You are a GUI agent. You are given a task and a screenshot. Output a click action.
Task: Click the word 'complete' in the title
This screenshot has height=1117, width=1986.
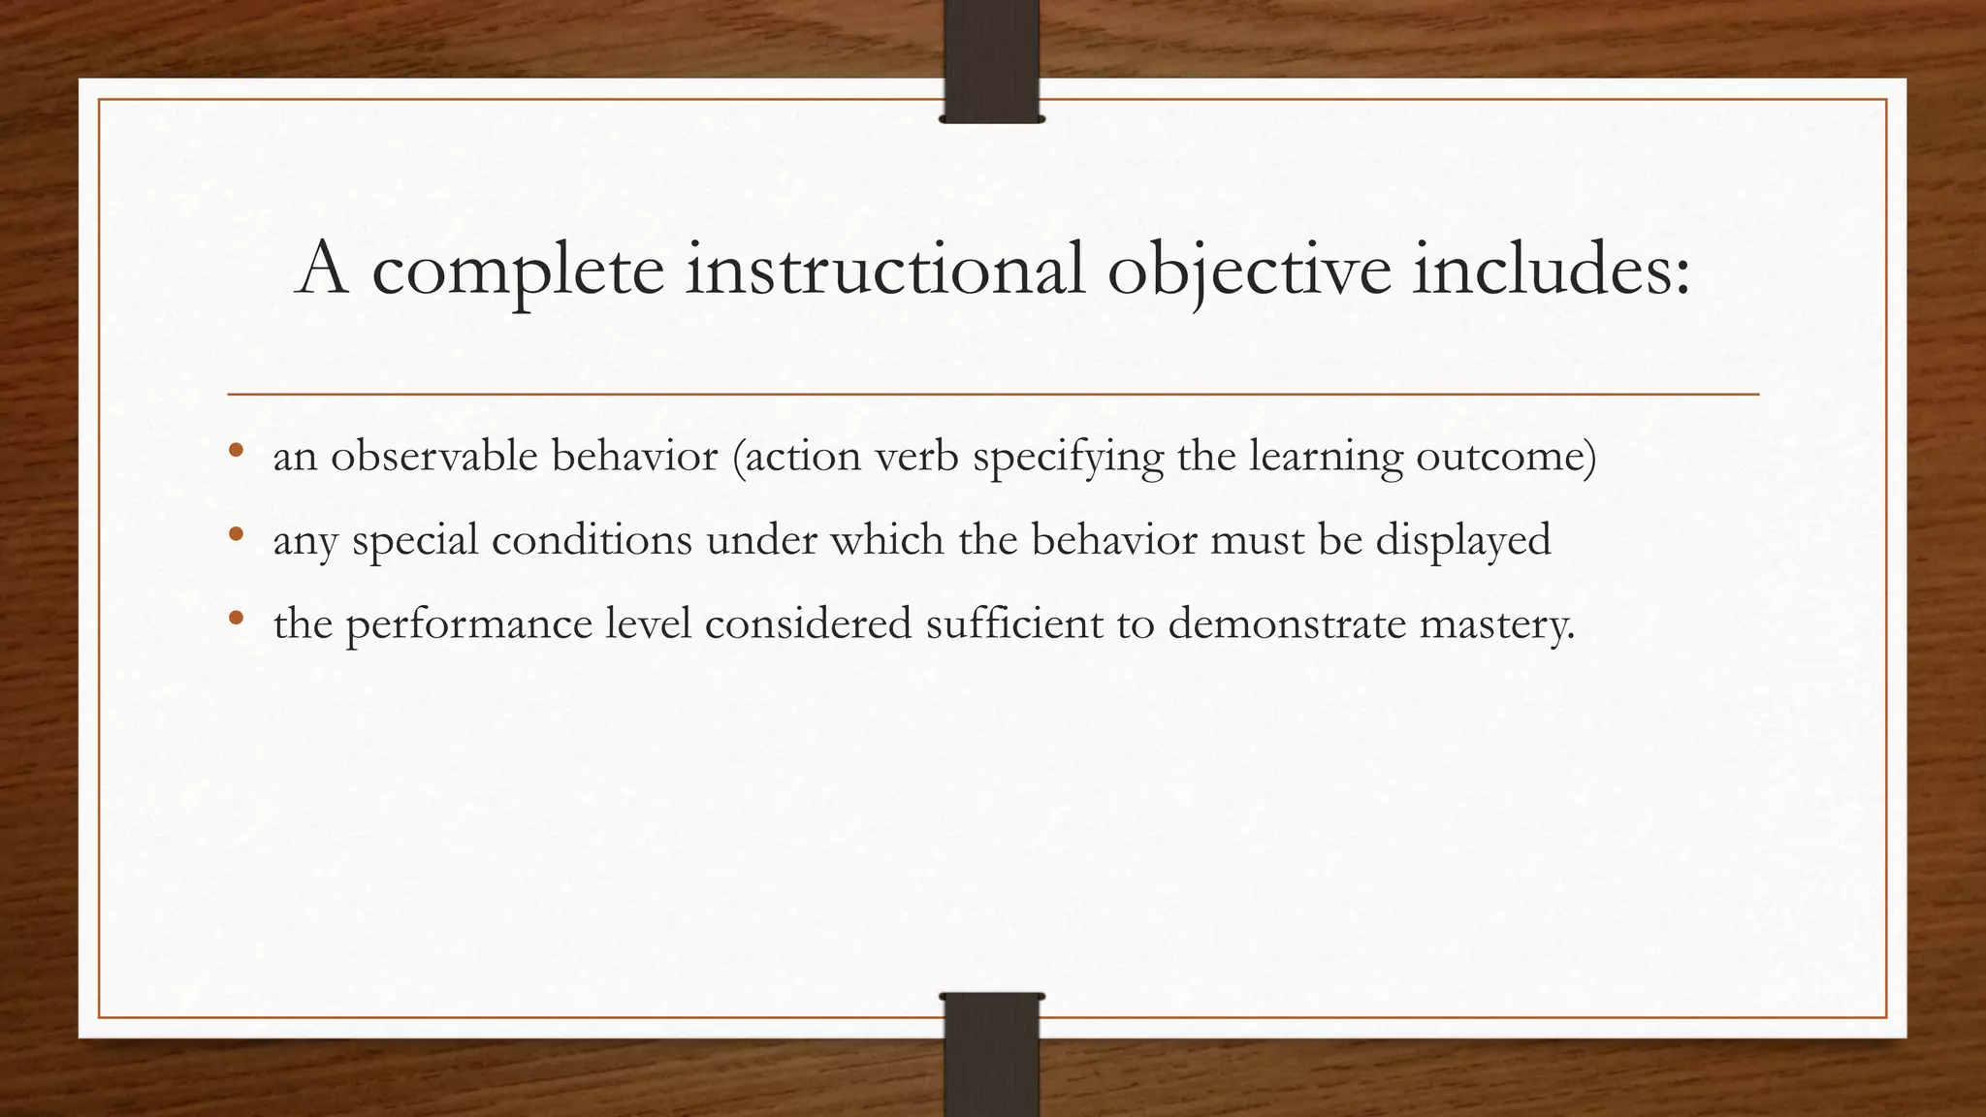click(x=518, y=271)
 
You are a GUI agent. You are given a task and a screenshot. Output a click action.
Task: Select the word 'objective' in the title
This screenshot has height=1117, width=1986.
click(x=1249, y=271)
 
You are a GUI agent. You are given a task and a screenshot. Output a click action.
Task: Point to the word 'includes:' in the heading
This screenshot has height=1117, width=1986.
click(x=1551, y=269)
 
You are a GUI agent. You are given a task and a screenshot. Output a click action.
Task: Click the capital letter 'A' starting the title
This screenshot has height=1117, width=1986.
click(x=322, y=269)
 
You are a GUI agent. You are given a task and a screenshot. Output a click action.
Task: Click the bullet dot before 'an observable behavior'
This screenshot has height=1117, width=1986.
click(x=236, y=451)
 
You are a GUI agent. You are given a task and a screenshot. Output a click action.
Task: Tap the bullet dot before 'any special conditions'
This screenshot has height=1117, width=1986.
click(x=236, y=534)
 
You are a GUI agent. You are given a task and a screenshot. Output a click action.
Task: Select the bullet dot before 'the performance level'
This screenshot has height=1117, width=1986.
click(x=236, y=618)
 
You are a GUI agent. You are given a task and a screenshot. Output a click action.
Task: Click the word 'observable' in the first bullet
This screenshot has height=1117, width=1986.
click(x=434, y=456)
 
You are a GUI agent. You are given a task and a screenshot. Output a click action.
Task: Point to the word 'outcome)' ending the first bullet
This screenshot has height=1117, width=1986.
click(x=1505, y=456)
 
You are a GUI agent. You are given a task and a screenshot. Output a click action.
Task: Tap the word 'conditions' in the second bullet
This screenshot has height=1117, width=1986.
click(x=592, y=539)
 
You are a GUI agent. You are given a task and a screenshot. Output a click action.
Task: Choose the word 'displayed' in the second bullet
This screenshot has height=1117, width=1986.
click(x=1463, y=540)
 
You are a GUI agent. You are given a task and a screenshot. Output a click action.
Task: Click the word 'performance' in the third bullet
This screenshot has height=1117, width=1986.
click(x=468, y=623)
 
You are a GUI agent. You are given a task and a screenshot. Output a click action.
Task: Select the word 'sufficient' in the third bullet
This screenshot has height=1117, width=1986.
click(x=1013, y=622)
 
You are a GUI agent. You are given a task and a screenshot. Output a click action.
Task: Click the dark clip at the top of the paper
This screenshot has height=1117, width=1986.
click(x=991, y=61)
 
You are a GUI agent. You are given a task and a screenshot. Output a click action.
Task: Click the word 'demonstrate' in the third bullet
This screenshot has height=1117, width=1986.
click(x=1286, y=622)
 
